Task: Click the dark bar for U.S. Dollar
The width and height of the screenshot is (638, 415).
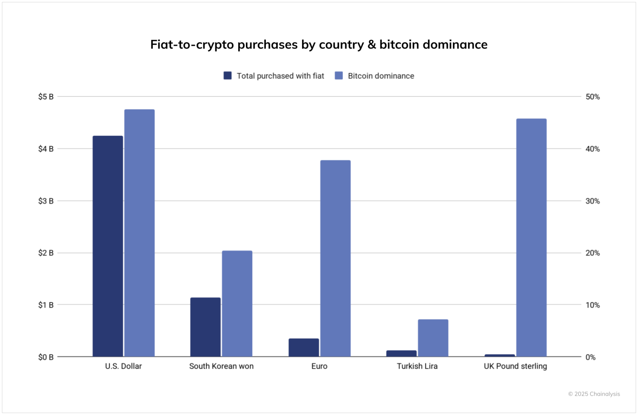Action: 107,246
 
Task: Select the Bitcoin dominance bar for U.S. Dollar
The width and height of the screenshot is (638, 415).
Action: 139,233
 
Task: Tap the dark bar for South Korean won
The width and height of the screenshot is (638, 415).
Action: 205,327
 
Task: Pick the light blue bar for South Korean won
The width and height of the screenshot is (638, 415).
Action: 237,303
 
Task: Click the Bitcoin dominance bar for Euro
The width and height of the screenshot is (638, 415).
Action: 335,258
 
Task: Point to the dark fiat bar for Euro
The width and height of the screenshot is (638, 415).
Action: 303,347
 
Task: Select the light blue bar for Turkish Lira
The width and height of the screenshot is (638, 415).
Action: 433,338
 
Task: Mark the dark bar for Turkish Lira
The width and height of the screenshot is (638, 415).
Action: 401,353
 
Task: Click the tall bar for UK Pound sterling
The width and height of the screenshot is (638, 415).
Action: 531,237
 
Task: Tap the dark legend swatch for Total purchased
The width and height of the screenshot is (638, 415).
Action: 227,76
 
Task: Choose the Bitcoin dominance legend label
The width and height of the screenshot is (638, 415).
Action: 381,76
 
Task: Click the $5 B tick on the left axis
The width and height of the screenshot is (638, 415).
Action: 46,97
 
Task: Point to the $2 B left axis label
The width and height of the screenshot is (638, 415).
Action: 46,253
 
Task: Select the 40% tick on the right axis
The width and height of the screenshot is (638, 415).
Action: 592,149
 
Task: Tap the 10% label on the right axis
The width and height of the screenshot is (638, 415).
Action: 592,305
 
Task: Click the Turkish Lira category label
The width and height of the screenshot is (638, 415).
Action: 417,366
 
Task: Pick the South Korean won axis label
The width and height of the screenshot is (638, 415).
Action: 221,366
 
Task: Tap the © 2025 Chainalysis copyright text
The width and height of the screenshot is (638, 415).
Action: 594,394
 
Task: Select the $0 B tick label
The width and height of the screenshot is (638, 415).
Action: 46,357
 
